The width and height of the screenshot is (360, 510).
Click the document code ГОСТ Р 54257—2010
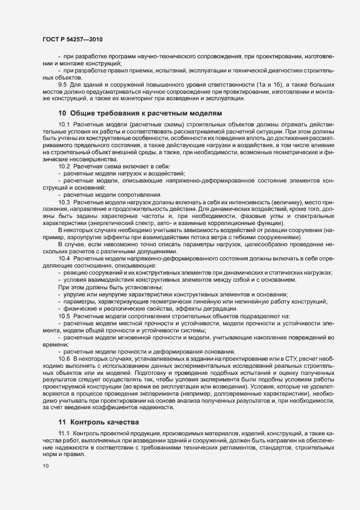pyautogui.click(x=72, y=40)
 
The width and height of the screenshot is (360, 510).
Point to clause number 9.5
pyautogui.click(x=62, y=85)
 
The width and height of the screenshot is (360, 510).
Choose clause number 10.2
pyautogui.click(x=64, y=166)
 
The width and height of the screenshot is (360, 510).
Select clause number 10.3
pyautogui.click(x=64, y=203)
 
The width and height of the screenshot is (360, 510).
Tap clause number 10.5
pyautogui.click(x=64, y=316)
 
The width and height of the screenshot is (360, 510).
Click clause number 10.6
pyautogui.click(x=64, y=358)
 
